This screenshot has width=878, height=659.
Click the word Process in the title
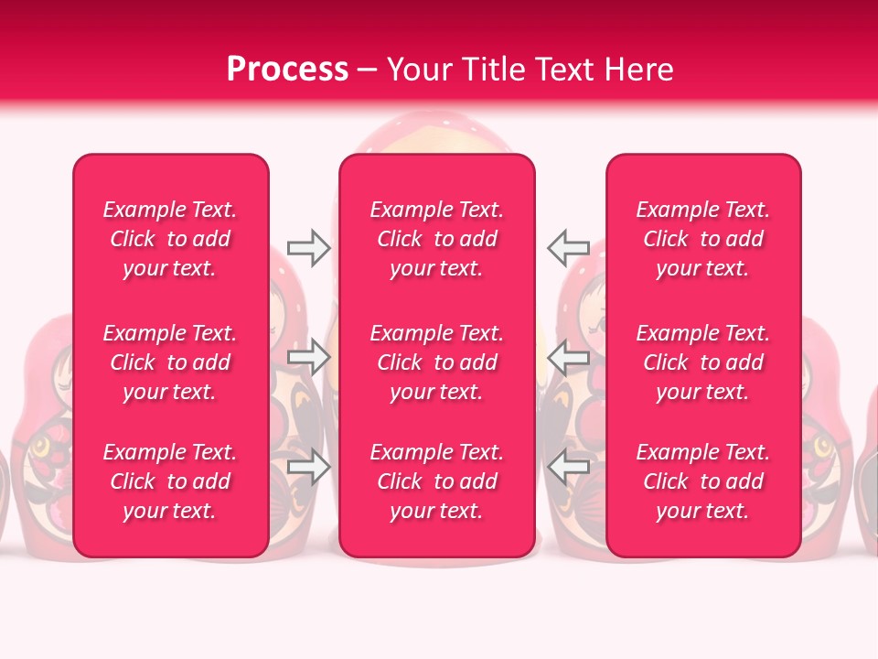[287, 70]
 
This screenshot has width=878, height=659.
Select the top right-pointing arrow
[308, 248]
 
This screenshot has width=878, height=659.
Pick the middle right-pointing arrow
[308, 357]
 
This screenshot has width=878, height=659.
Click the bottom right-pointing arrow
[308, 468]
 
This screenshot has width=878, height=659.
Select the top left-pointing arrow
[568, 247]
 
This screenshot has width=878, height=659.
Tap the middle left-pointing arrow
[568, 357]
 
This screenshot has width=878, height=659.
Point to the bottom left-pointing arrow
[568, 468]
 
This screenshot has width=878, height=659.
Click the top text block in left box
[170, 239]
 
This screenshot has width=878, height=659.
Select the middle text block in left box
[170, 362]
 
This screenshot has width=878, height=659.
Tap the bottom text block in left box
[170, 481]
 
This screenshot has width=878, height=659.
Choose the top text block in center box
[436, 239]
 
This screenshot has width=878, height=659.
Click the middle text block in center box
[436, 362]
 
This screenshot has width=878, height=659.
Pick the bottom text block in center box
[436, 481]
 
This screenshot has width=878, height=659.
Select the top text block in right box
[702, 239]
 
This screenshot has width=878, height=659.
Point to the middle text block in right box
[702, 362]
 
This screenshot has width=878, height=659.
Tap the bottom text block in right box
[702, 481]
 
